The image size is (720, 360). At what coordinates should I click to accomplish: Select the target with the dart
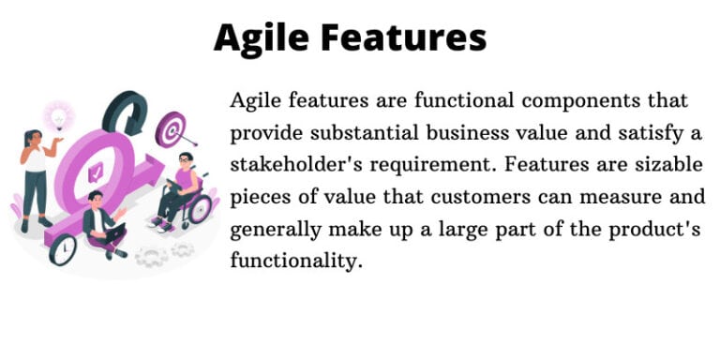[x=171, y=127]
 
